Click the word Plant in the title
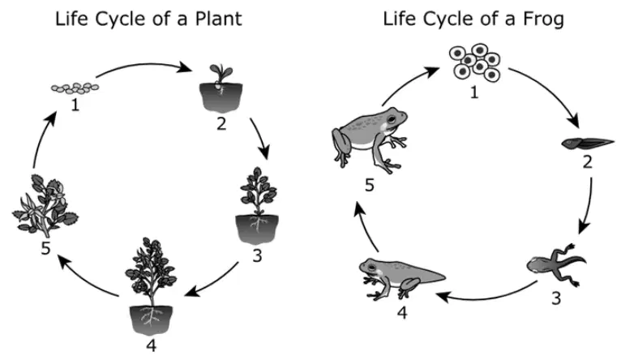coord(218,19)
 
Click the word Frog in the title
coord(542,19)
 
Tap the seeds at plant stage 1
coord(75,88)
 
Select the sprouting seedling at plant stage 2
coord(221,88)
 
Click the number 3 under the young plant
coord(257,255)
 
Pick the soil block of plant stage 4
coord(151,319)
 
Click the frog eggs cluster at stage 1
coord(475,63)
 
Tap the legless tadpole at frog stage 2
coord(588,144)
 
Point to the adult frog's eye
coord(392,119)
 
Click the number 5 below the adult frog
coord(369,186)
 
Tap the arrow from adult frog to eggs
coord(409,82)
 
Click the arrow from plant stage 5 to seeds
coord(41,139)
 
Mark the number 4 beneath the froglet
coord(402,312)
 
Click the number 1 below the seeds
coord(75,105)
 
